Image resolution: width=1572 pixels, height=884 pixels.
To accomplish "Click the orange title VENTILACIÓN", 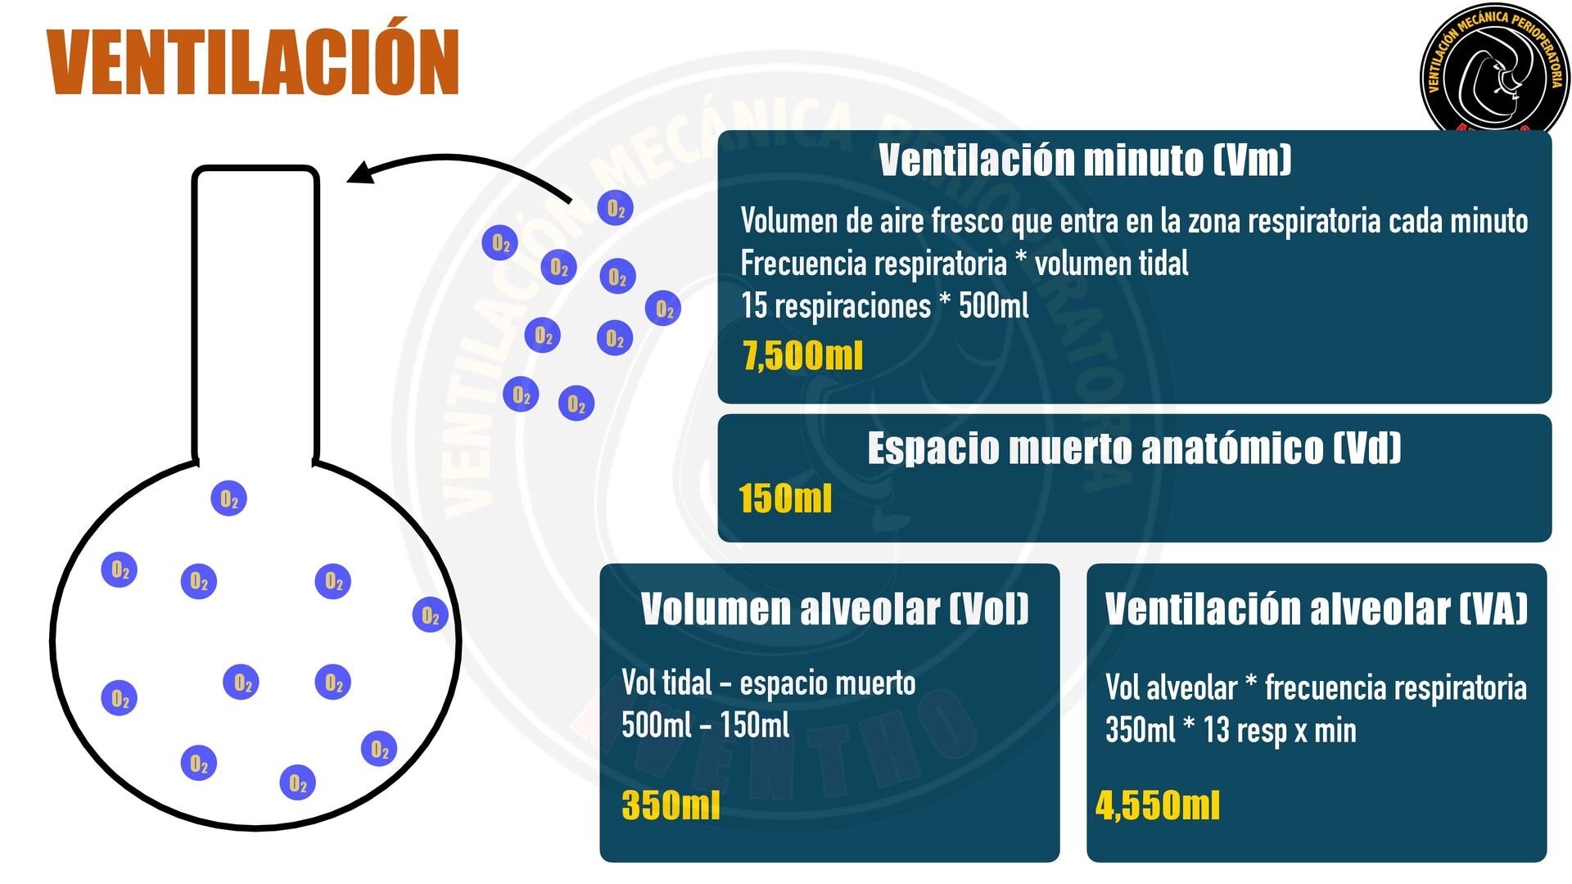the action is pos(253,63).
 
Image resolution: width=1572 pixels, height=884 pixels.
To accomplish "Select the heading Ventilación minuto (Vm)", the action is pos(1085,160).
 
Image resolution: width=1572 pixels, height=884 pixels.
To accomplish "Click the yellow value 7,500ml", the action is pos(802,356).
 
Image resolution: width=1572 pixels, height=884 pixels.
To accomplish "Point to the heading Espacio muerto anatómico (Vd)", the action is pos(1134,449).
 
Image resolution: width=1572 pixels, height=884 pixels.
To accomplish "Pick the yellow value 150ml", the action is pos(785,498).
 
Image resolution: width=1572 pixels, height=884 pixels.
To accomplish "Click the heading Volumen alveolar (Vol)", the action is pos(834,609).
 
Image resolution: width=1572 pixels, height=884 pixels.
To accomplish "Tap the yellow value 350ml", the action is pos(671,805).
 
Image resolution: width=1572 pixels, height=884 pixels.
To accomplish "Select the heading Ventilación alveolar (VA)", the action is pos(1316,609).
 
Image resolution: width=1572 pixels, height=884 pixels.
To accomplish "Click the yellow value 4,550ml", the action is pos(1158,805).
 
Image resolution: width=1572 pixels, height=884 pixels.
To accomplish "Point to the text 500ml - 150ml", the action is pos(705,725).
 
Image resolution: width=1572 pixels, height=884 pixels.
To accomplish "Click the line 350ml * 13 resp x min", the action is pos(1231,730).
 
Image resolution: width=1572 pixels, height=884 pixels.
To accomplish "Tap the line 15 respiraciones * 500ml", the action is pos(884,306).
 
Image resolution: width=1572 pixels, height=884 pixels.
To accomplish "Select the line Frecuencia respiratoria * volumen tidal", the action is pos(964,264).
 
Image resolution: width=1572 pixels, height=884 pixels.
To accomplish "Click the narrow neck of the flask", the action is pos(255,311).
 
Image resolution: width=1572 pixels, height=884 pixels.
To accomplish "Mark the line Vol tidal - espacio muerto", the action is pos(768,683).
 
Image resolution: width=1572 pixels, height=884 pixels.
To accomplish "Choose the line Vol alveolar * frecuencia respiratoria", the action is pos(1316,688).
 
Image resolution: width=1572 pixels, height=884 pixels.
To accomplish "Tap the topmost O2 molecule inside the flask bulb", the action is pos(229,498).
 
